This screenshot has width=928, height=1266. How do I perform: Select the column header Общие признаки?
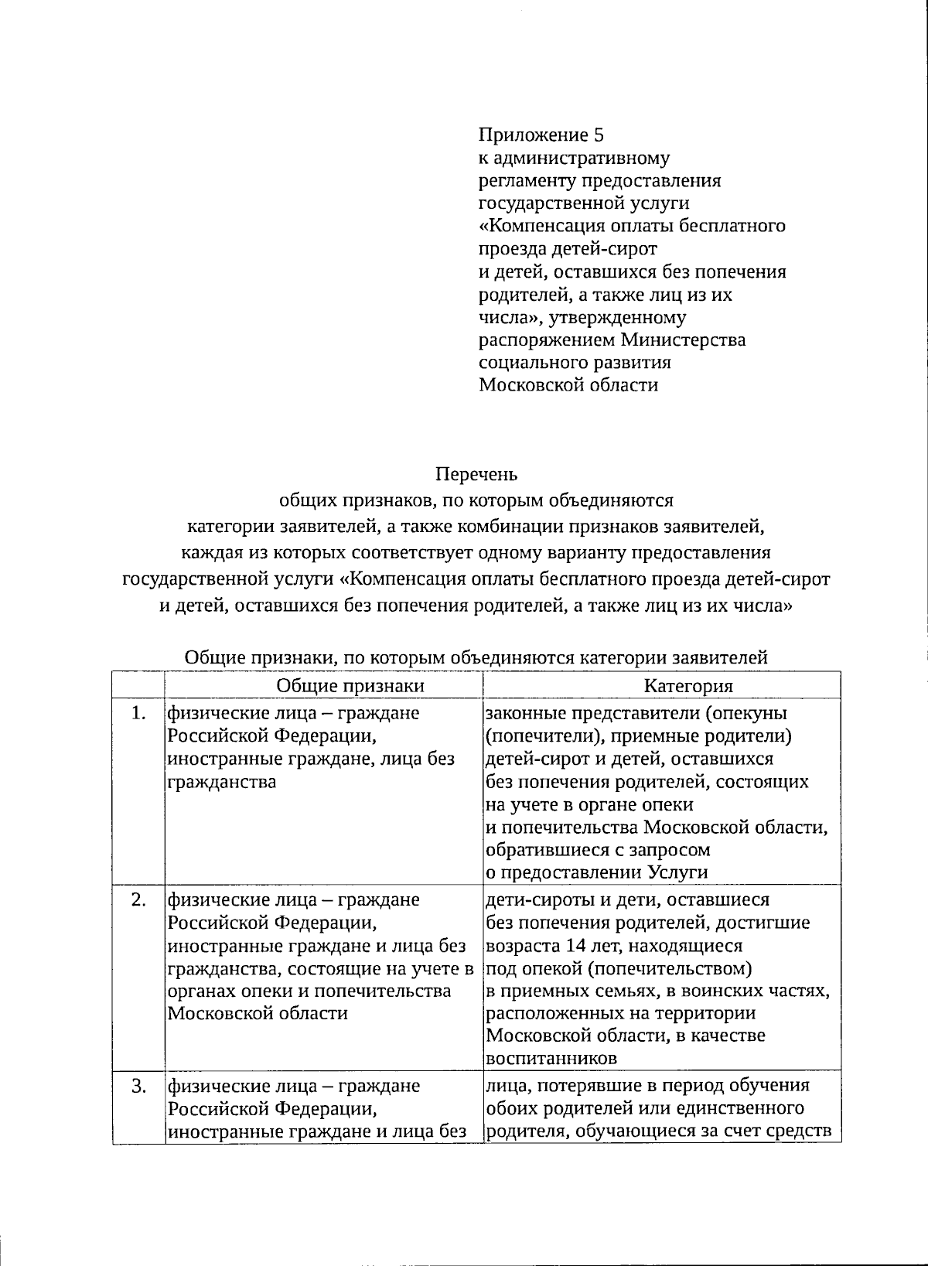[350, 685]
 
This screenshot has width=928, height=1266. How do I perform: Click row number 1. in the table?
[138, 713]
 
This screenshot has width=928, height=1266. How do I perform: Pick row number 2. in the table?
[138, 900]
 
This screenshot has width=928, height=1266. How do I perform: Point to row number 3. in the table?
[138, 1086]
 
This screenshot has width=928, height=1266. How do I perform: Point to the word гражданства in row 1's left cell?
[222, 781]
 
